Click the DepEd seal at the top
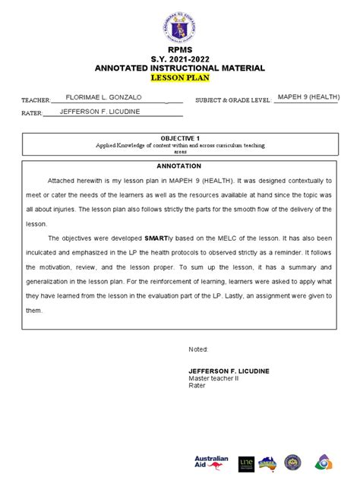(179, 24)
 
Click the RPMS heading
(179, 49)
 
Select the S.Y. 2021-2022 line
(179, 58)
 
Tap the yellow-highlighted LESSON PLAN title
(179, 77)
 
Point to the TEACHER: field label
(35, 100)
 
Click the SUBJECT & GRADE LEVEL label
(233, 100)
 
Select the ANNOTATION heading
(179, 166)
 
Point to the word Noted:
(197, 349)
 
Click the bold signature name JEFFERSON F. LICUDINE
(229, 371)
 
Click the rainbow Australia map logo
(268, 462)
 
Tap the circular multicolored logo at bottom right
(321, 462)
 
